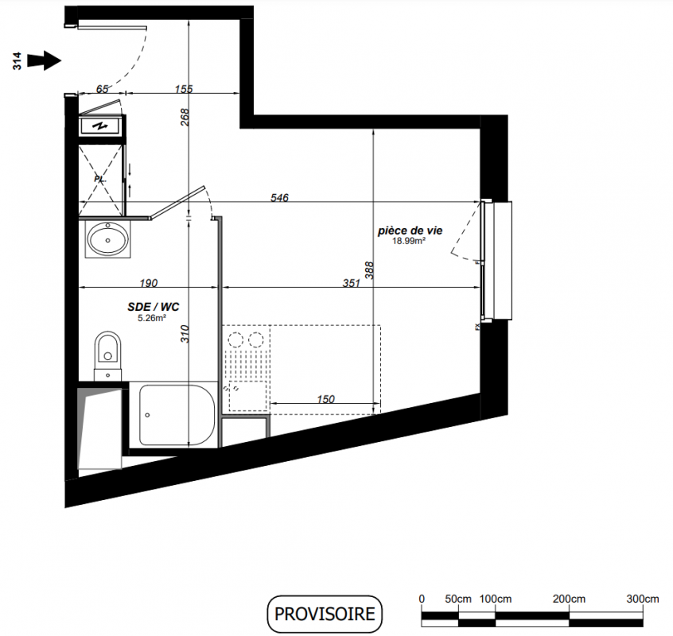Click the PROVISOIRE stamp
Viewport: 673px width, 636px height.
click(x=325, y=614)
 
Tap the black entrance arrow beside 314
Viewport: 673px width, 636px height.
click(x=45, y=60)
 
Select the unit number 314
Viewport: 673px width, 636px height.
click(x=17, y=61)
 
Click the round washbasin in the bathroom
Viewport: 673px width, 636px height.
click(x=107, y=238)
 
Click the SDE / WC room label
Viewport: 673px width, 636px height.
click(x=154, y=307)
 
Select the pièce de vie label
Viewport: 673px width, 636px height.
click(x=410, y=231)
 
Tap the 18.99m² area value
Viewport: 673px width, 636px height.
click(x=409, y=241)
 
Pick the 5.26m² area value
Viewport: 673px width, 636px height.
click(x=152, y=318)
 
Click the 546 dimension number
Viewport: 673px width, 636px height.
click(x=279, y=198)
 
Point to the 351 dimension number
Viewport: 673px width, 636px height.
click(x=351, y=283)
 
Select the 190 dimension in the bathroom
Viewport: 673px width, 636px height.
click(x=149, y=283)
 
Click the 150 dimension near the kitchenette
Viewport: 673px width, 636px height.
click(x=326, y=399)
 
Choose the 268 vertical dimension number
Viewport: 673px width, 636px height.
click(x=185, y=117)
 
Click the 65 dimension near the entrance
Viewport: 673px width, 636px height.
click(x=102, y=89)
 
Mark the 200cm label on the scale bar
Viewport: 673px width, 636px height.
click(x=569, y=599)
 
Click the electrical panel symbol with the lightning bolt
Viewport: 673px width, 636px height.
click(x=101, y=126)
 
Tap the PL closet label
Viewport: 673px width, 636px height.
click(x=99, y=179)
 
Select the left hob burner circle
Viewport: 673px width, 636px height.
click(x=235, y=339)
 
